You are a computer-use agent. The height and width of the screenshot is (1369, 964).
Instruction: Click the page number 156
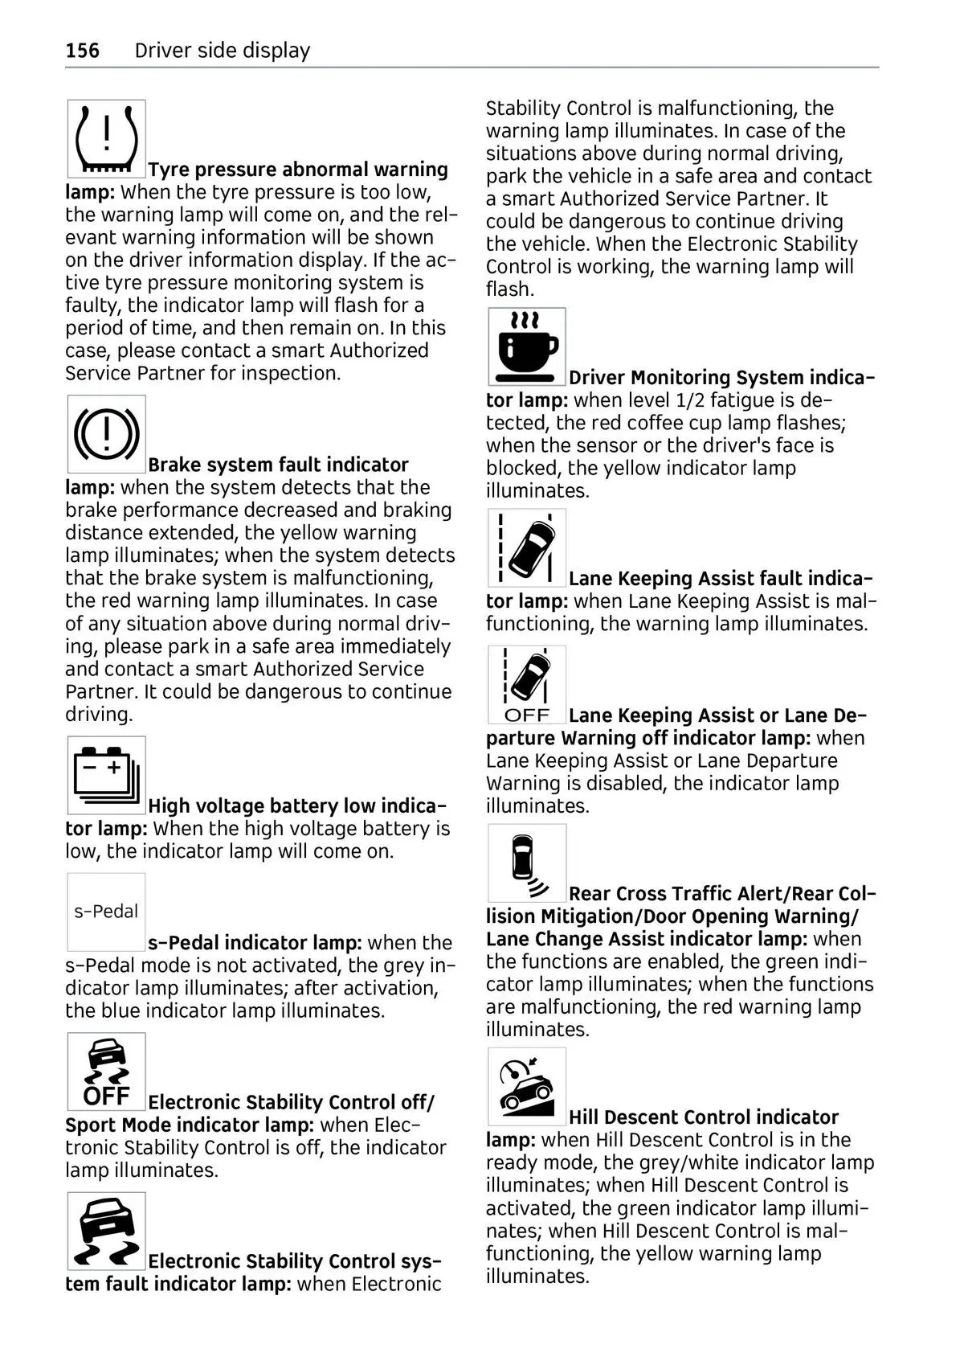click(x=83, y=51)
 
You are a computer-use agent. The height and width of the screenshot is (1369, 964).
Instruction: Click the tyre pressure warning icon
click(x=106, y=139)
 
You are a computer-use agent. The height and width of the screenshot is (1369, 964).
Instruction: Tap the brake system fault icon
click(x=106, y=434)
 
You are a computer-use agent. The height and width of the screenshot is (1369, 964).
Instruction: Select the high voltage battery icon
click(x=106, y=775)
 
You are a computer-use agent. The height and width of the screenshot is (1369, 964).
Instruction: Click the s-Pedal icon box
click(x=106, y=912)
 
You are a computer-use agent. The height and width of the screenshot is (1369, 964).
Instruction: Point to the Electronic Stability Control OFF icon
click(x=106, y=1072)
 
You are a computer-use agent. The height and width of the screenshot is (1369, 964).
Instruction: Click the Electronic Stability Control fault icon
click(x=106, y=1231)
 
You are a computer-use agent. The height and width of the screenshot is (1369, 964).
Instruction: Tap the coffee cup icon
click(x=527, y=346)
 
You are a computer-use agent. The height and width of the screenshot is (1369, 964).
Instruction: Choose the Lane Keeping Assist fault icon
click(x=527, y=547)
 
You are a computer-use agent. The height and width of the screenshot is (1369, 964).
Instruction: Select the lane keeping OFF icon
click(x=527, y=684)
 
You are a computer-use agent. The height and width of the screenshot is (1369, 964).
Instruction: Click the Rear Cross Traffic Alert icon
click(x=527, y=863)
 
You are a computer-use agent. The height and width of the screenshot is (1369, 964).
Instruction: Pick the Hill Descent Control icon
click(x=527, y=1086)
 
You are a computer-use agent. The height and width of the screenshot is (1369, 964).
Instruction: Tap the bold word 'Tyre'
click(x=169, y=170)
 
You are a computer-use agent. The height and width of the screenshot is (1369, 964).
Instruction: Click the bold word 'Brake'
click(x=174, y=465)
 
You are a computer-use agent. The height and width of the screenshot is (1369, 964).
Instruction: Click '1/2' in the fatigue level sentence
click(x=672, y=400)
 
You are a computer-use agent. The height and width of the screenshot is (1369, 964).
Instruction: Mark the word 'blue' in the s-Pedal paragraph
click(x=115, y=1010)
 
